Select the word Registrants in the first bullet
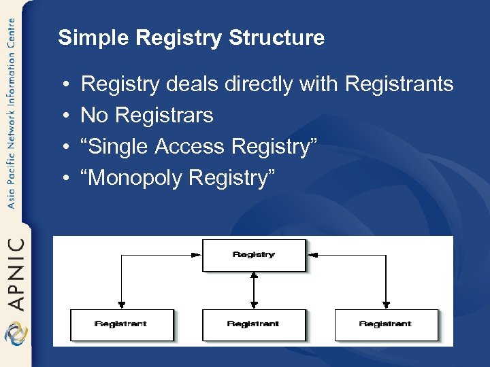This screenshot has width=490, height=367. point(399,84)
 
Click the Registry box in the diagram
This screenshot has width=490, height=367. point(253,255)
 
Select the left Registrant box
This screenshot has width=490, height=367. point(121,324)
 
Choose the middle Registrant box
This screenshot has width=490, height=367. point(253,324)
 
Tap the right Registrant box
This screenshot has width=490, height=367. point(385,324)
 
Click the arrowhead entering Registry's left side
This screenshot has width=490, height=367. point(197,255)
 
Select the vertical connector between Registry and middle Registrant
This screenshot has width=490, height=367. point(253,290)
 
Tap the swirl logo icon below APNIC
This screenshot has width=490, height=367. point(14,334)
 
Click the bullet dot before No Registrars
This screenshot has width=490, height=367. point(63,116)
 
